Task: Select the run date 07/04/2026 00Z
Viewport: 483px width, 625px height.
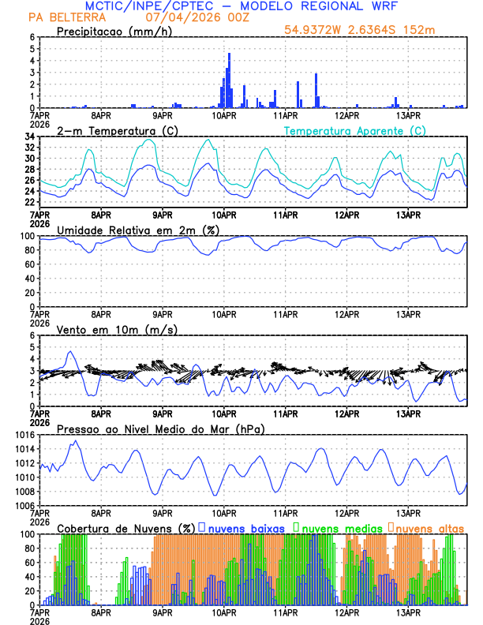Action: (200, 17)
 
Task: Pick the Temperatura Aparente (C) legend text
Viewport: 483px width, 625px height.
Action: (354, 130)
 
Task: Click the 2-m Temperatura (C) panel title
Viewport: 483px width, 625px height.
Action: (117, 130)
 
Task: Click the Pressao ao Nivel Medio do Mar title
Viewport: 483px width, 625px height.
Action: (160, 429)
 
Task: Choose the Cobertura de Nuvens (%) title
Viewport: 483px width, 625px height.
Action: (126, 528)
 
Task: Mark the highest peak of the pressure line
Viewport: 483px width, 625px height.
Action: (75, 441)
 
